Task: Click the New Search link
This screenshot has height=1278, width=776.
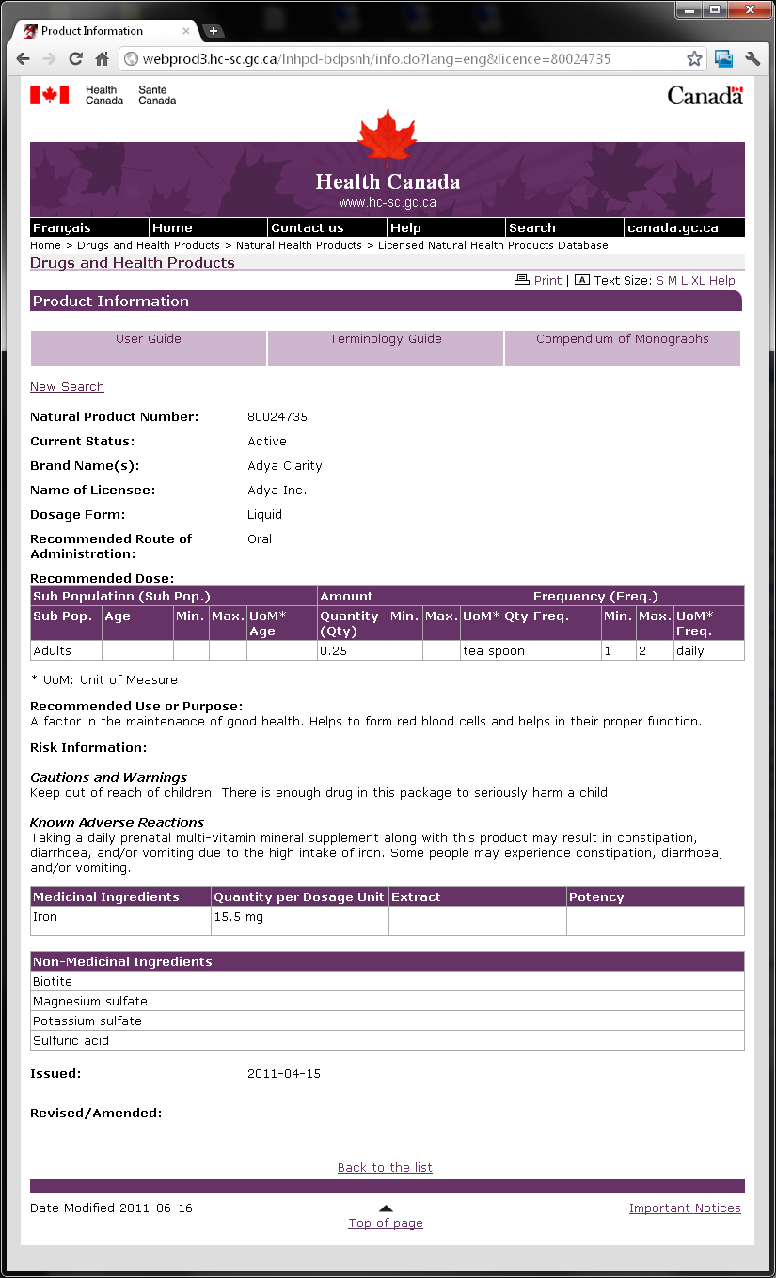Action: pyautogui.click(x=67, y=387)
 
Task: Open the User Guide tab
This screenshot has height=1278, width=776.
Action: pyautogui.click(x=149, y=339)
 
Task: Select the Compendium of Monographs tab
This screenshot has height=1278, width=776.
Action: pyautogui.click(x=622, y=339)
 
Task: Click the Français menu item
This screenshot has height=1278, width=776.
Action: pyautogui.click(x=62, y=227)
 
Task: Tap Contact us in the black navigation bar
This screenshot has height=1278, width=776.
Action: pyautogui.click(x=308, y=227)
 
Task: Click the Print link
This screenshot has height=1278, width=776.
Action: pyautogui.click(x=546, y=280)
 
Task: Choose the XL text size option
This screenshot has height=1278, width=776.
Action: pyautogui.click(x=698, y=280)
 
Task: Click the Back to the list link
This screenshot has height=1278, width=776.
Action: pyautogui.click(x=385, y=1167)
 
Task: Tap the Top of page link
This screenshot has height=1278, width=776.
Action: pyautogui.click(x=386, y=1223)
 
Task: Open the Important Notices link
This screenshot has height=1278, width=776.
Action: pyautogui.click(x=685, y=1208)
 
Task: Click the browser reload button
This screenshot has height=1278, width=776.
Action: pyautogui.click(x=75, y=59)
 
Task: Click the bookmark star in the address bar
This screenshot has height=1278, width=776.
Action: pyautogui.click(x=694, y=59)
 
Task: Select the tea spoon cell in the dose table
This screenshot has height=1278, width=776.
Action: pyautogui.click(x=494, y=650)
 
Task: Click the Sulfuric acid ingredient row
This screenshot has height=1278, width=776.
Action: pyautogui.click(x=71, y=1041)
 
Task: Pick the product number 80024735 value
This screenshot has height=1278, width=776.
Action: pyautogui.click(x=277, y=416)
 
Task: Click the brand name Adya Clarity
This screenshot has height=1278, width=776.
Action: pyautogui.click(x=285, y=465)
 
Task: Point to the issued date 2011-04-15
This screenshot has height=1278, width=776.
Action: pyautogui.click(x=284, y=1073)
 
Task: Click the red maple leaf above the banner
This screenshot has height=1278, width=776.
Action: pyautogui.click(x=387, y=136)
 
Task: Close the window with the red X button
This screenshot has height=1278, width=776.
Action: pyautogui.click(x=749, y=9)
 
